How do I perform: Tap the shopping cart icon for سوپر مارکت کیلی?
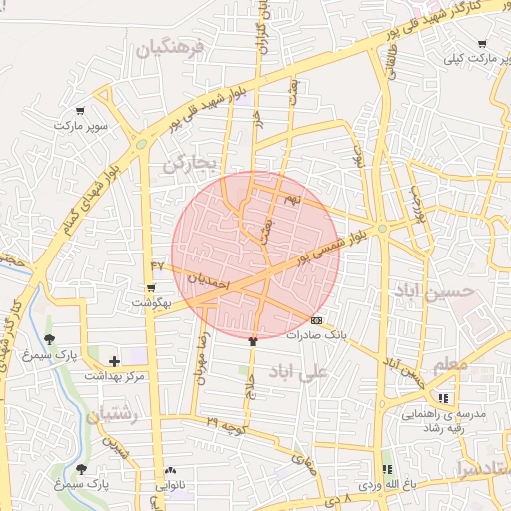click(483, 44)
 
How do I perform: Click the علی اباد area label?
click(298, 374)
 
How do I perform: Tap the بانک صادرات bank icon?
click(316, 321)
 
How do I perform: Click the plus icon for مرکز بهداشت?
click(114, 361)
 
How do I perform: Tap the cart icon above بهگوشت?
click(151, 287)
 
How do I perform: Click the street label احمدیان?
click(209, 280)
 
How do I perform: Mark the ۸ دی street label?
click(339, 496)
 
